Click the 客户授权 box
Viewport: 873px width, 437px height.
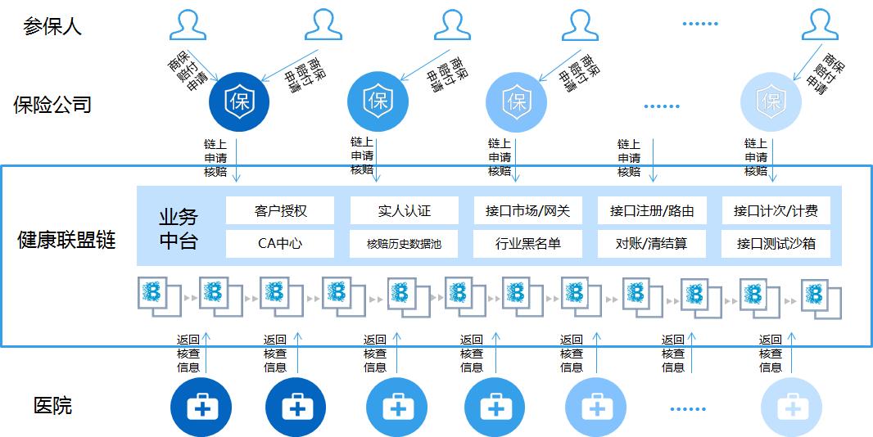(280, 210)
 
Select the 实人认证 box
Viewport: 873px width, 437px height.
(404, 210)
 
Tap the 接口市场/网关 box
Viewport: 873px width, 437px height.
(527, 210)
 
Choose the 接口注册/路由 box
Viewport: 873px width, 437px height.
(652, 210)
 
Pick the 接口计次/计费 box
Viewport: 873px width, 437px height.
(776, 210)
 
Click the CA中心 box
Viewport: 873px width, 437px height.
(280, 243)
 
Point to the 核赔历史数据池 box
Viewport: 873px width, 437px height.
(404, 243)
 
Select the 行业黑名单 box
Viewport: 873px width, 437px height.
(527, 243)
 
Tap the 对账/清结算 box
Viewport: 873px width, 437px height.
(652, 243)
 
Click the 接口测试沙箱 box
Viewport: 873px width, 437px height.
(776, 243)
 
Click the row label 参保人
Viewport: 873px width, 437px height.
(52, 26)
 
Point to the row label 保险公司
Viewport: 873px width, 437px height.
(52, 105)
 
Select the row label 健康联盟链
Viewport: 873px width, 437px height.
(66, 240)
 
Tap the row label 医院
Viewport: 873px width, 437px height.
(52, 405)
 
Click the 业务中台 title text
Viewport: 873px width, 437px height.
(179, 228)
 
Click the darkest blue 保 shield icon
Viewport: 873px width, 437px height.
(238, 101)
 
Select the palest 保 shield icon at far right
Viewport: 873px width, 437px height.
(771, 101)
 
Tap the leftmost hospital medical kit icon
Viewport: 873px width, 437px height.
(201, 406)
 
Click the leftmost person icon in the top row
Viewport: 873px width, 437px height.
(188, 25)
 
